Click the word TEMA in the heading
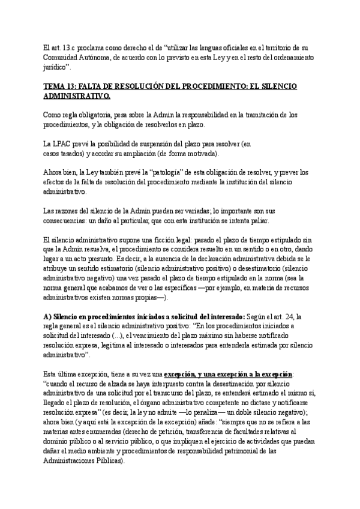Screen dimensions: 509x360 (55, 86)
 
